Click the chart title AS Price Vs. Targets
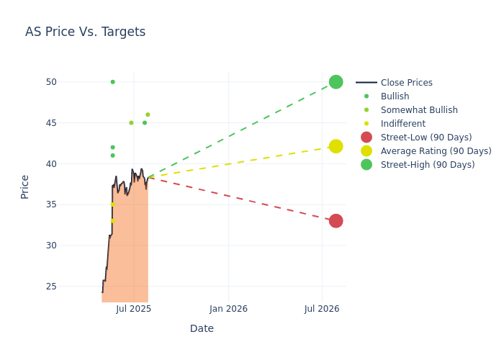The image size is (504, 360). pyautogui.click(x=85, y=32)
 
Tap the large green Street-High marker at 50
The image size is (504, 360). pyautogui.click(x=336, y=82)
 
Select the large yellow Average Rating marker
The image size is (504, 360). pyautogui.click(x=336, y=146)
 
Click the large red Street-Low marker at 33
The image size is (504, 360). pyautogui.click(x=336, y=220)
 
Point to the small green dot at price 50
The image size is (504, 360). pyautogui.click(x=112, y=82)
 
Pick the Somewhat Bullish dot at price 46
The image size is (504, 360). pyautogui.click(x=148, y=114)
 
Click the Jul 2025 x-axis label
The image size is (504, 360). pyautogui.click(x=134, y=309)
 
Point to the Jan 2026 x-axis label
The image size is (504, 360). pyautogui.click(x=228, y=309)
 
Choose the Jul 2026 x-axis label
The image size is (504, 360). pyautogui.click(x=322, y=309)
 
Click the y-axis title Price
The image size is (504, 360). pyautogui.click(x=25, y=186)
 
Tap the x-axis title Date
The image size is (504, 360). pyautogui.click(x=202, y=329)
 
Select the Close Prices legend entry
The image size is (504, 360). pyautogui.click(x=406, y=83)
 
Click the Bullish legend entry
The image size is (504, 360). pyautogui.click(x=395, y=96)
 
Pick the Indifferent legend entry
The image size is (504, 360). pyautogui.click(x=402, y=124)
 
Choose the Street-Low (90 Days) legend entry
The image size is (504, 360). pyautogui.click(x=426, y=138)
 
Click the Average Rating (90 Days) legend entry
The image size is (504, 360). pyautogui.click(x=436, y=151)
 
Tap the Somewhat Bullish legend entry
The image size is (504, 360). pyautogui.click(x=418, y=110)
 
